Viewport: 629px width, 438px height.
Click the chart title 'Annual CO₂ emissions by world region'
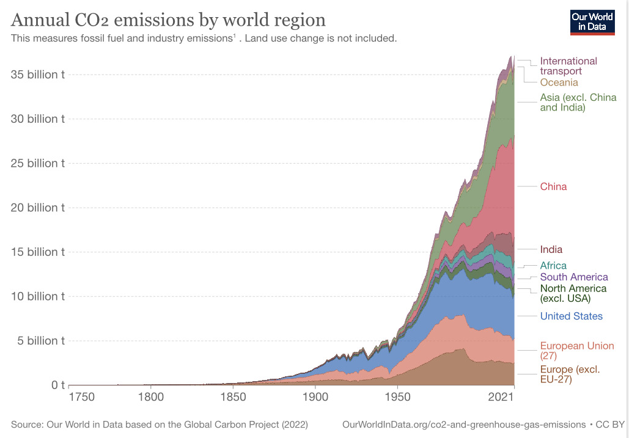(168, 20)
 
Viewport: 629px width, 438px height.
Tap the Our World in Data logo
(592, 21)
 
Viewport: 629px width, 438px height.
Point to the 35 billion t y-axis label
(38, 75)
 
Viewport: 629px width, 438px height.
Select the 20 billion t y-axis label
(38, 208)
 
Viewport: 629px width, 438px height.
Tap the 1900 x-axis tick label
(315, 396)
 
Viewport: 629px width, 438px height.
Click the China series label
(553, 186)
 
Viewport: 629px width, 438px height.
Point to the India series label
(551, 249)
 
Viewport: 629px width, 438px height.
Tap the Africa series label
(553, 266)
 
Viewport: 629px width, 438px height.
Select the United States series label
(571, 316)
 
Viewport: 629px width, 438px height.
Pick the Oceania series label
(559, 82)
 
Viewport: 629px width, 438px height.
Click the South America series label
(574, 277)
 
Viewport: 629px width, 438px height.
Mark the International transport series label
(568, 66)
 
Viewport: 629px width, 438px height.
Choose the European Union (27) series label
(576, 350)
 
